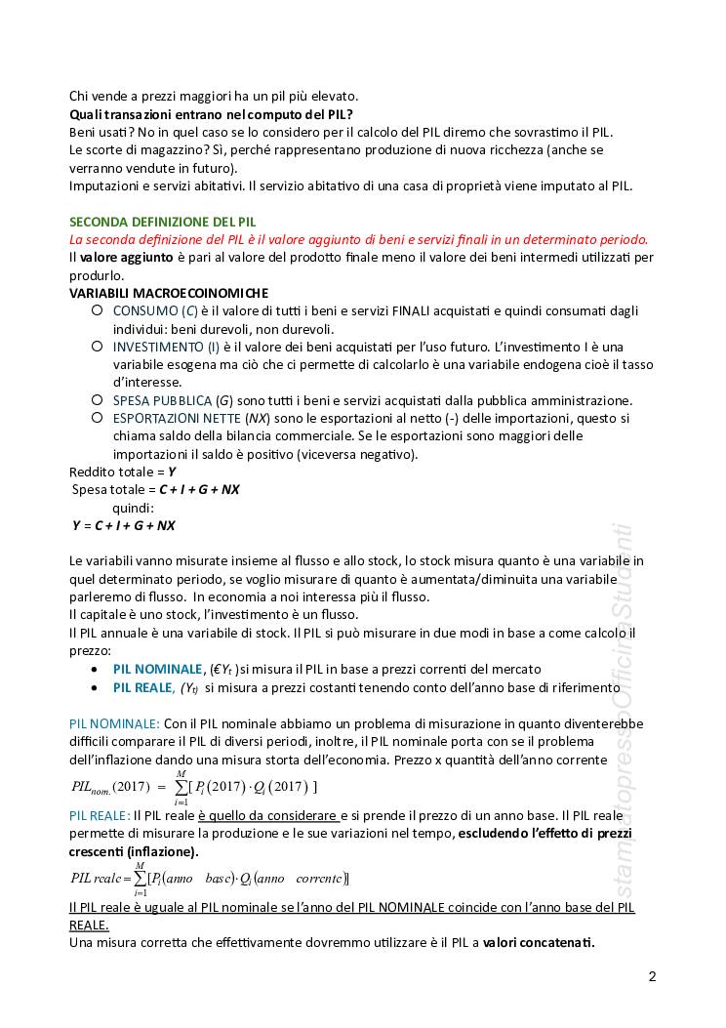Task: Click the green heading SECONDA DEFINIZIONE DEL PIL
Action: pos(162,222)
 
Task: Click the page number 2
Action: pos(653,976)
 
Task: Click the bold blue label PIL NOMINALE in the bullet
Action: pos(157,669)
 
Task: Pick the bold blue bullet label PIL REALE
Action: pos(143,687)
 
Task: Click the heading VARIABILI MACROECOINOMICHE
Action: pos(169,293)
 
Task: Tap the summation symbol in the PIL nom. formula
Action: pos(181,786)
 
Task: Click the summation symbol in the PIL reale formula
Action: pos(141,878)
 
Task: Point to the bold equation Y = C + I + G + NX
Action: pos(124,525)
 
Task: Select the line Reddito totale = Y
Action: pos(122,472)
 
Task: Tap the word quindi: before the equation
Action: pos(133,508)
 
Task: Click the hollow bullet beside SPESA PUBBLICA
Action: pos(98,400)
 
